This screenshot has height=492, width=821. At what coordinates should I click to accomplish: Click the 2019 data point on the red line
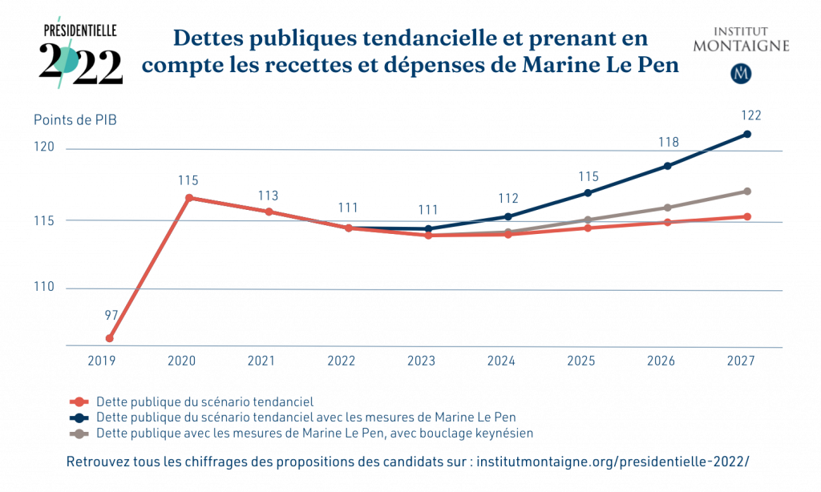point(109,339)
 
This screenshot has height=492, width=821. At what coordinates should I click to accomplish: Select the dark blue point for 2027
point(747,135)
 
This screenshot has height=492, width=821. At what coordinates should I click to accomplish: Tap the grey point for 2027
point(747,192)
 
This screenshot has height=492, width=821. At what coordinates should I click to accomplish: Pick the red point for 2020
point(189,198)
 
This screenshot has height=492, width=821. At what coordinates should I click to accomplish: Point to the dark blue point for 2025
point(588,193)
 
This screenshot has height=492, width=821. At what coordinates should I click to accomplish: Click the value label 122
point(750,115)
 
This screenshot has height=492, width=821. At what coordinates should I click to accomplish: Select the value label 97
point(111,315)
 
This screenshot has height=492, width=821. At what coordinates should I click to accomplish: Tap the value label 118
point(669,143)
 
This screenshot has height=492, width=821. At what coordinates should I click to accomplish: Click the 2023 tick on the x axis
point(421,361)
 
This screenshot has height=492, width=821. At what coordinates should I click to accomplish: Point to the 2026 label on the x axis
point(661,361)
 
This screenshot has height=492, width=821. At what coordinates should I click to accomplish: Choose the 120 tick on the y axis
point(44,147)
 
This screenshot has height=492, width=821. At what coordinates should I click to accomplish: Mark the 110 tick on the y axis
point(44,287)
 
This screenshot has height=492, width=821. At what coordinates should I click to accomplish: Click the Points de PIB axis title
point(75,120)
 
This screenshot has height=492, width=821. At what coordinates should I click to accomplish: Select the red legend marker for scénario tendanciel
point(79,402)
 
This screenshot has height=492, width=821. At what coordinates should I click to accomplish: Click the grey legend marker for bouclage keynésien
point(79,434)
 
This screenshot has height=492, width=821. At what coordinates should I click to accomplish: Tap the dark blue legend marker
point(79,418)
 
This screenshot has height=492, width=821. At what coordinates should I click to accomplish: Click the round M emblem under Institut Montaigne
point(741,74)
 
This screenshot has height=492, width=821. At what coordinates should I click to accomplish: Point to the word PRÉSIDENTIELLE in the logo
point(79,31)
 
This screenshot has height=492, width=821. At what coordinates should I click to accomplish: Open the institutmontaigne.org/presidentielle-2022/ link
point(613,462)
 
